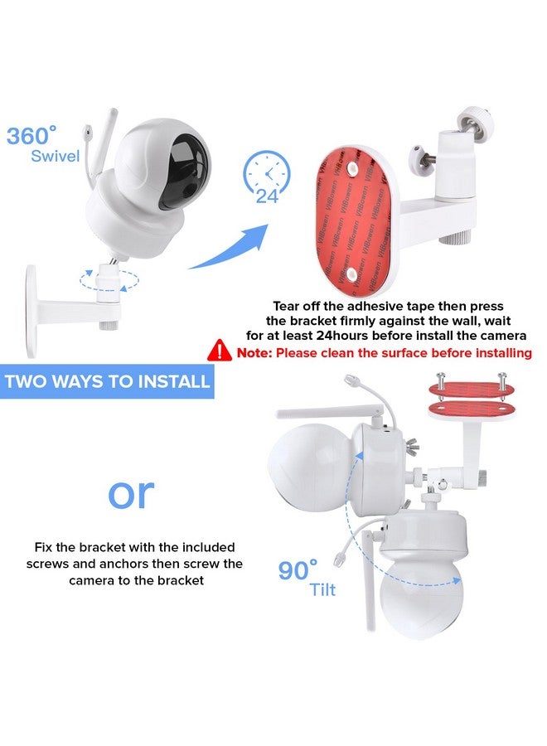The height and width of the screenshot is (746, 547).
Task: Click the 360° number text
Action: (31, 136)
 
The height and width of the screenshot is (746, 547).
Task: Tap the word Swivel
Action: (56, 156)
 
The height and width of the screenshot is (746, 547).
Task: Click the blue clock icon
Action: (267, 173)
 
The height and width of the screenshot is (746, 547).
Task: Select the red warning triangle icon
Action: (220, 351)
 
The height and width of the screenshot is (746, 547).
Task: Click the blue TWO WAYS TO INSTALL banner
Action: (107, 381)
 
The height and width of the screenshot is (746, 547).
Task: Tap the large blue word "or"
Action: (131, 495)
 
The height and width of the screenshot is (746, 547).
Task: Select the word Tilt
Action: (323, 590)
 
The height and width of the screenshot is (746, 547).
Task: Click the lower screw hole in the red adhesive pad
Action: (351, 273)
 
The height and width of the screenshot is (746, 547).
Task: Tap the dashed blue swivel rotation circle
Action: (109, 280)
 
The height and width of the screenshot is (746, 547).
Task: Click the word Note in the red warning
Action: (254, 353)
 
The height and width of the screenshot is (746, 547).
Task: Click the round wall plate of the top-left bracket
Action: (31, 311)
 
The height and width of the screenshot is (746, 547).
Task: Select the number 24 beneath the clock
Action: (267, 196)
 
